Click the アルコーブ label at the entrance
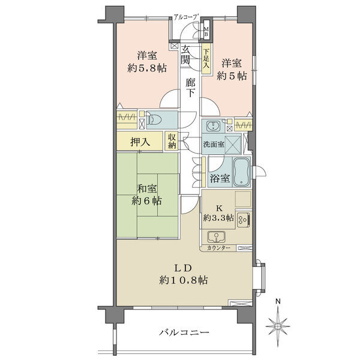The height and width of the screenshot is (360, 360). (186, 17)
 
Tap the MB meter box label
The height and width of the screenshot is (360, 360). (206, 32)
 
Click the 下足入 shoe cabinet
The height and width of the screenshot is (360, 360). (206, 59)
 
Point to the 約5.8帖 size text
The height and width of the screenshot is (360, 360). (147, 68)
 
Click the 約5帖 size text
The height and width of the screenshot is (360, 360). (232, 76)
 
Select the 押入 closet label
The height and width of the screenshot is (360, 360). (140, 142)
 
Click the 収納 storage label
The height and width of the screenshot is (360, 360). (172, 141)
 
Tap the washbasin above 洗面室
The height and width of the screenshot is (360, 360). (214, 125)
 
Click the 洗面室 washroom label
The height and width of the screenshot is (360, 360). (213, 145)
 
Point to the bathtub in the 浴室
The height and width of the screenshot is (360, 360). (241, 172)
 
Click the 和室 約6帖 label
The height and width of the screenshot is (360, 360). (147, 195)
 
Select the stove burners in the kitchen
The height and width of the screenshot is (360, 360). (243, 220)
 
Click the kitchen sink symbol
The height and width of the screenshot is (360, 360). (216, 237)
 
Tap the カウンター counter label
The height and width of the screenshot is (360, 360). (218, 248)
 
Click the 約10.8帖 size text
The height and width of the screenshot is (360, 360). (184, 280)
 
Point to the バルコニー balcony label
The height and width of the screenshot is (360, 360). (184, 332)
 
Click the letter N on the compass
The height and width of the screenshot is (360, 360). (278, 301)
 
